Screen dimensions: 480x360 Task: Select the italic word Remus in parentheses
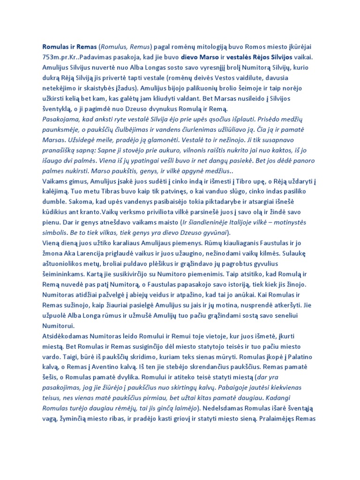pyautogui.click(x=138, y=47)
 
